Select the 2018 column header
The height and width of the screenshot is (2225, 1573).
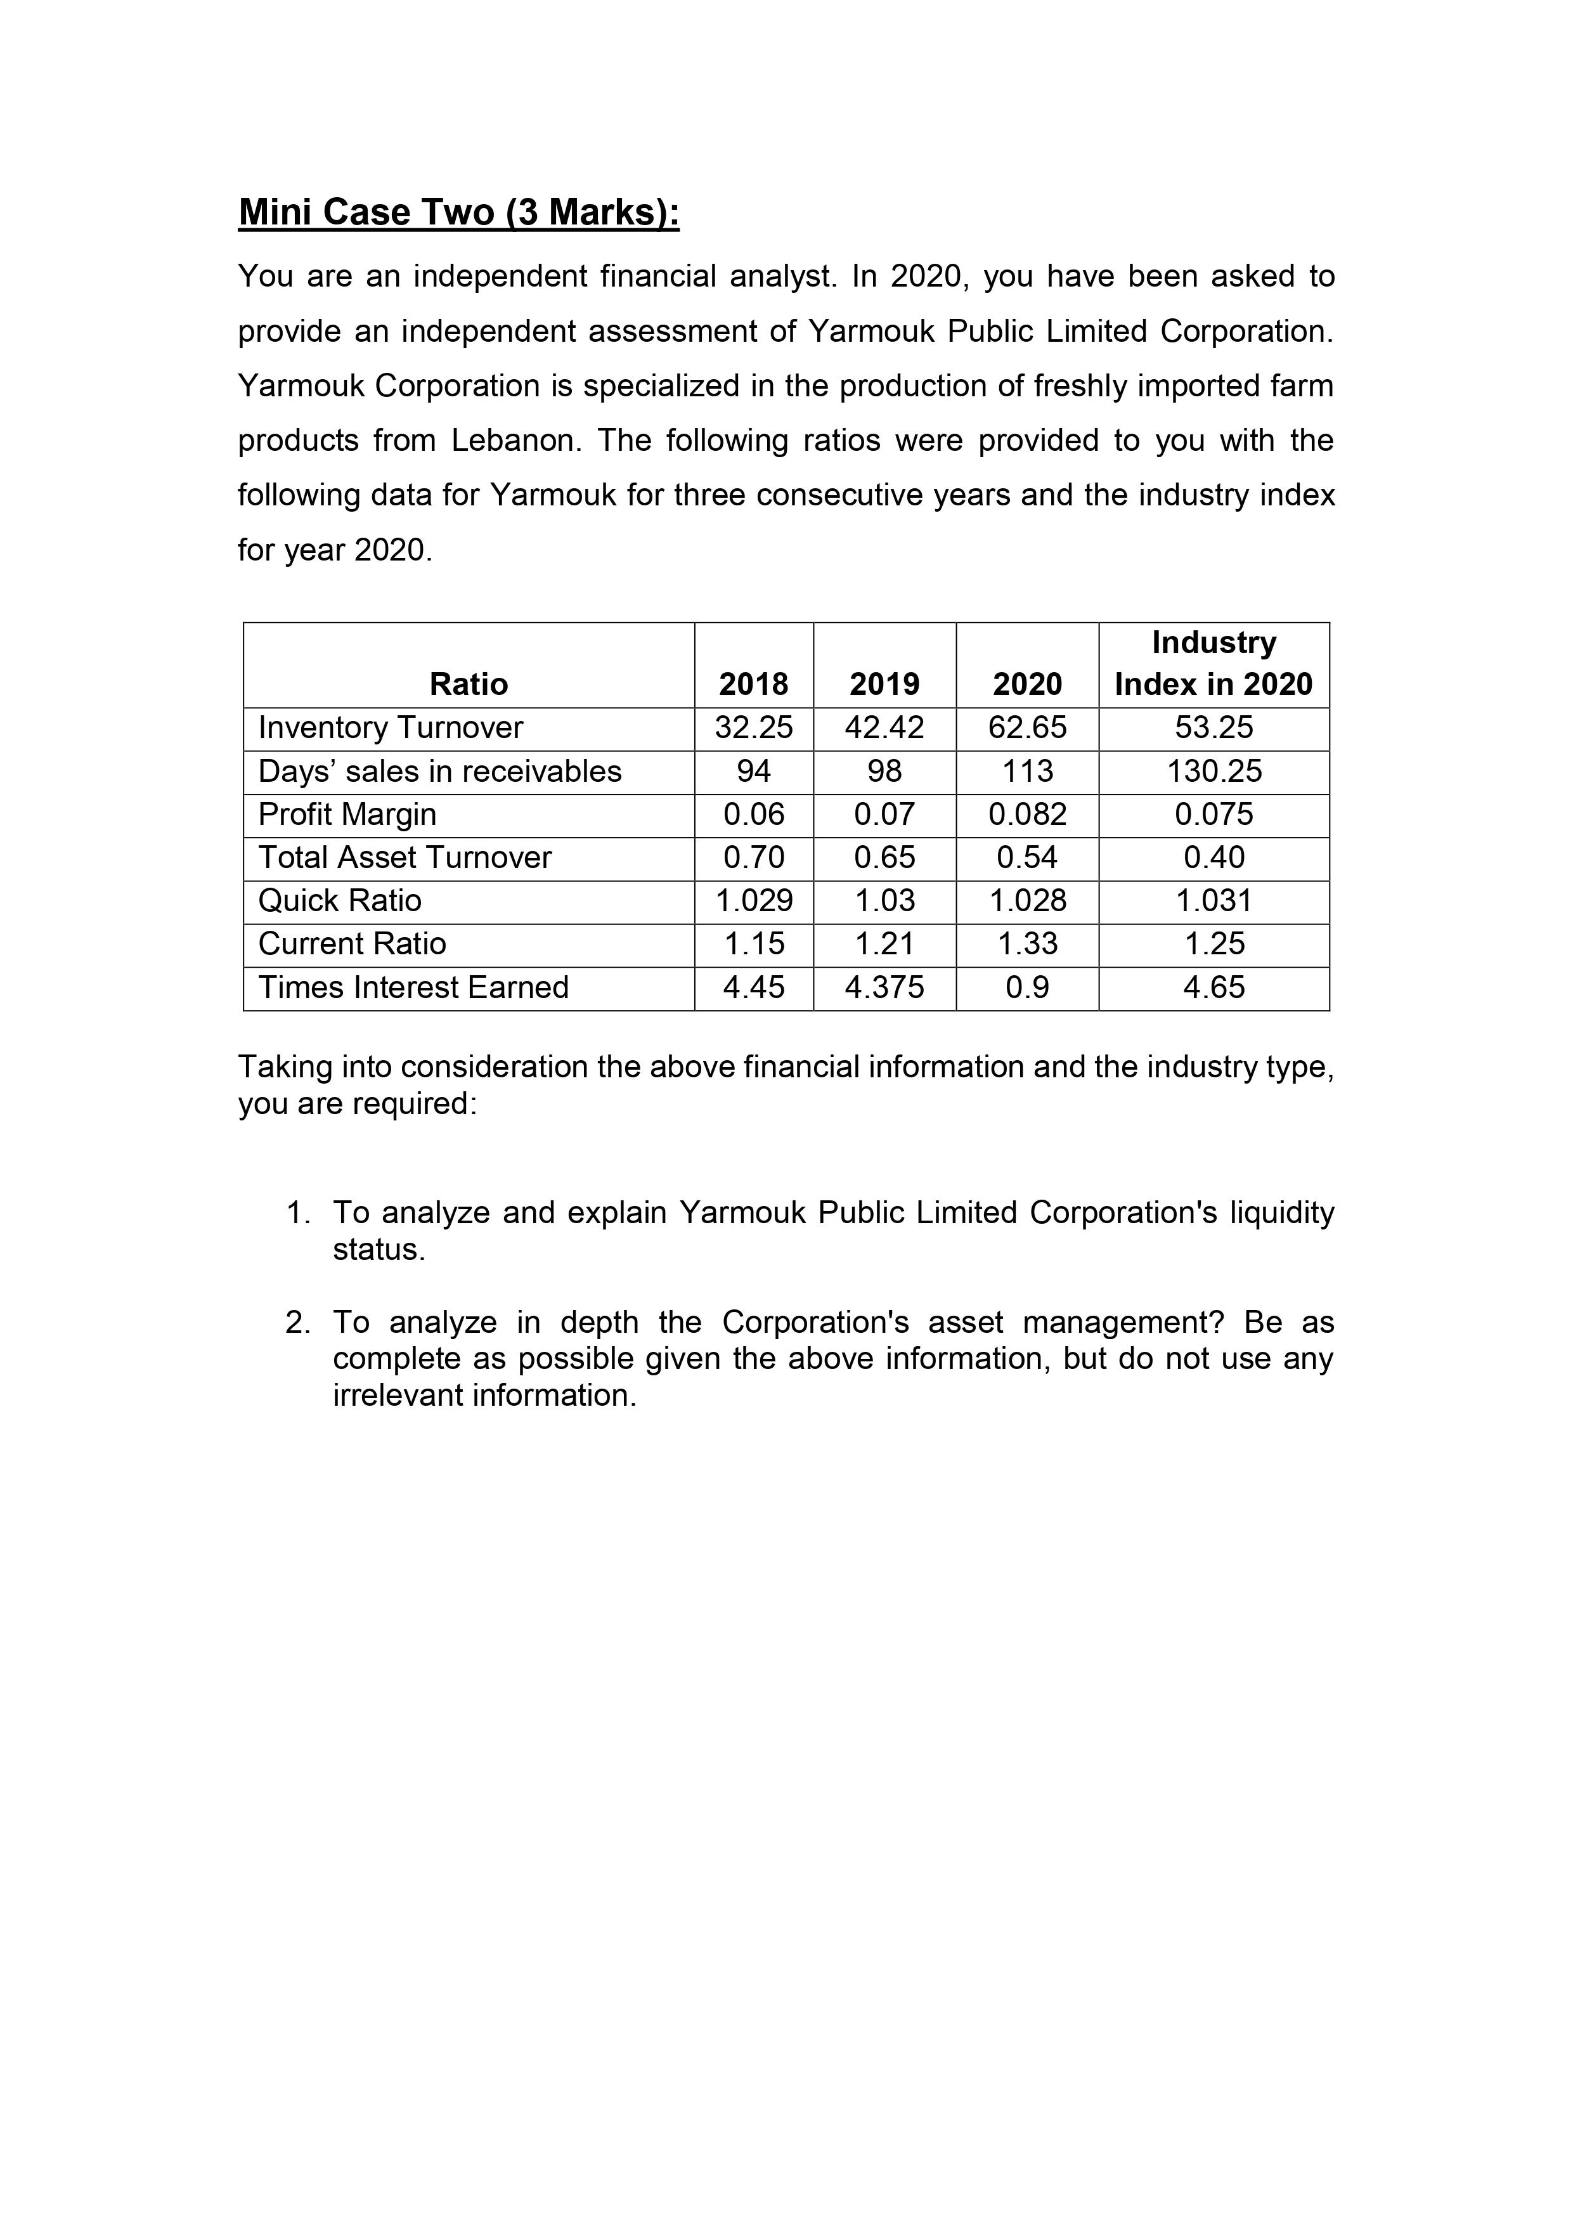753,684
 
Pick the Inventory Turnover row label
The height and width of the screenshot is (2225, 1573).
391,728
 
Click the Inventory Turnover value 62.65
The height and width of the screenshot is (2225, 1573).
1026,728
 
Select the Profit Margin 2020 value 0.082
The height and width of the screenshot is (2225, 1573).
1026,814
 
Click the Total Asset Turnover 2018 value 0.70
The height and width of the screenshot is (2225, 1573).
753,858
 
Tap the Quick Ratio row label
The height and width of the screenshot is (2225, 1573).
340,901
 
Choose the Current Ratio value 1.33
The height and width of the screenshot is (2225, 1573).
1026,944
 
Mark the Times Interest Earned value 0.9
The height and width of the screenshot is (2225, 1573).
1026,987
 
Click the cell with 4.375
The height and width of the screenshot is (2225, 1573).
884,987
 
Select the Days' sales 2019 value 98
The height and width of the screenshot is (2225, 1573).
884,772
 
